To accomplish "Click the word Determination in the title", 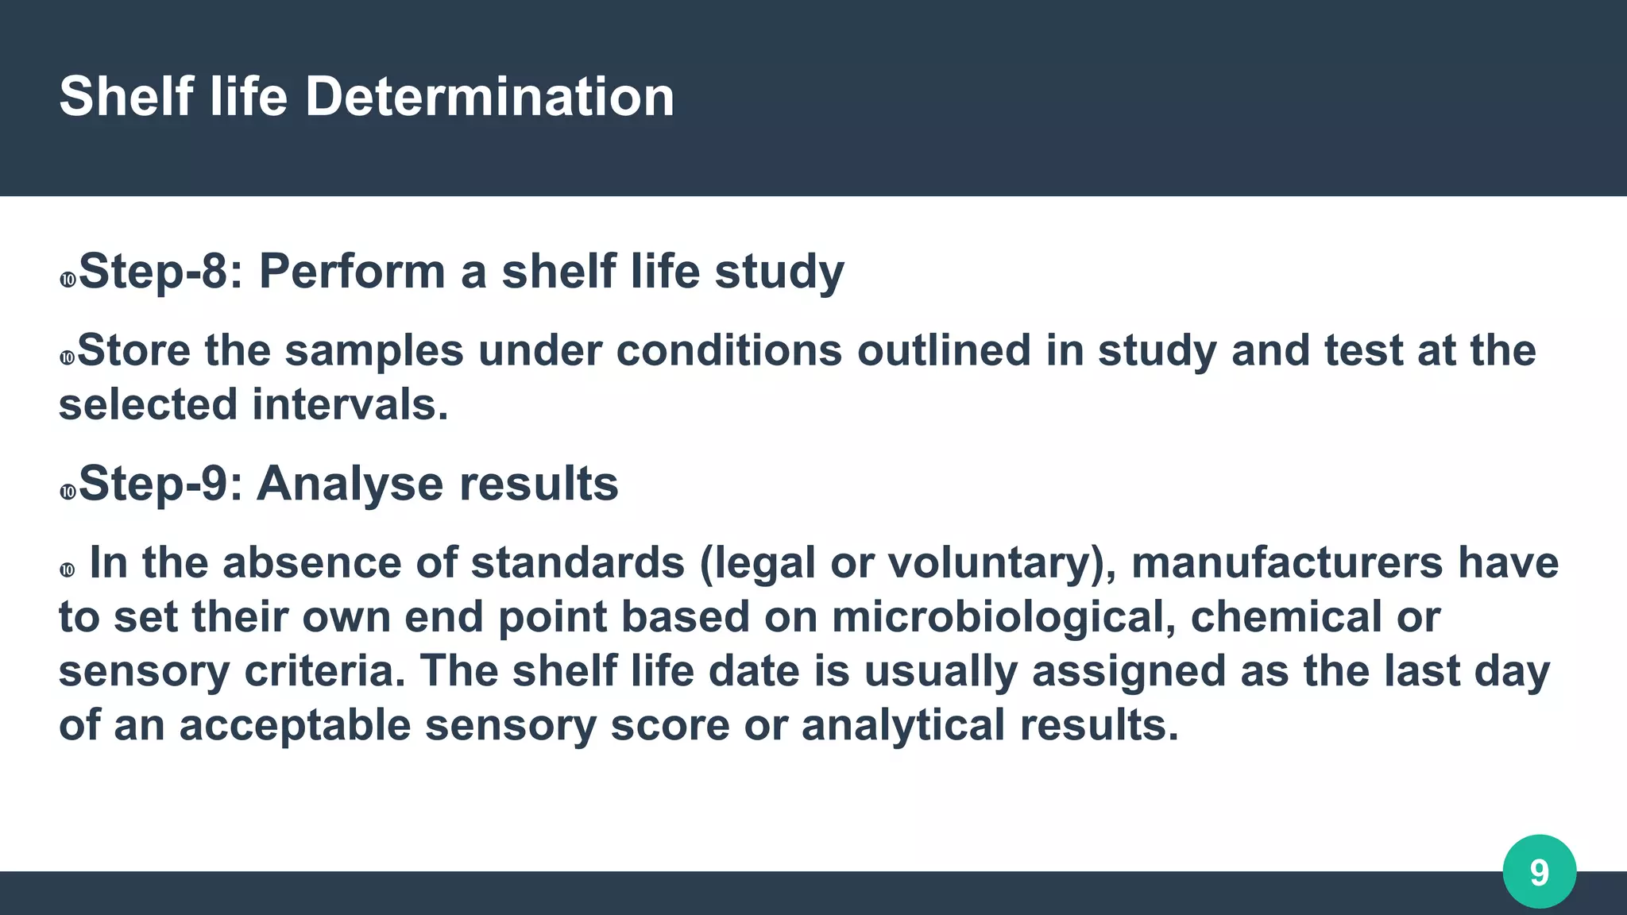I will click(x=489, y=97).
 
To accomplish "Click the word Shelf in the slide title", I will click(x=126, y=97).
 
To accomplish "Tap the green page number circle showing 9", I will click(x=1539, y=871).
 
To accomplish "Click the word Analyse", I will click(x=349, y=484).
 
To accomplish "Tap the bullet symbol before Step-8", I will click(x=68, y=280).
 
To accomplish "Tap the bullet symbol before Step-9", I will click(x=68, y=492).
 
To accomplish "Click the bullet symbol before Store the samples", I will click(x=68, y=358).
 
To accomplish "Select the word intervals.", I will click(x=350, y=404).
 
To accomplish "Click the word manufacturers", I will click(x=1287, y=563).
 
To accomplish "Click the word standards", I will click(x=578, y=563).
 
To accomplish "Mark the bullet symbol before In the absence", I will click(x=68, y=570).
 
